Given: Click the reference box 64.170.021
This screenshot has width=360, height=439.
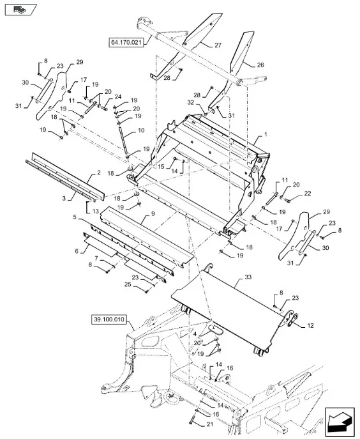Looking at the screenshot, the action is (126, 43).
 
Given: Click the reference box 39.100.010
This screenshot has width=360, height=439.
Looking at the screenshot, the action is (109, 320).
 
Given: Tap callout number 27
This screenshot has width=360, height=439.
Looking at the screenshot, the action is (218, 45).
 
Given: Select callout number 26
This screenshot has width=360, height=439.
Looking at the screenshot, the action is (260, 65).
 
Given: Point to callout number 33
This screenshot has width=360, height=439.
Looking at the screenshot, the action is (248, 277).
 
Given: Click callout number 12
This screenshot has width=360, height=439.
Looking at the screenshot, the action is (310, 325).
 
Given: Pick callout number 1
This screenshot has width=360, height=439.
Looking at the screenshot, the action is (266, 134).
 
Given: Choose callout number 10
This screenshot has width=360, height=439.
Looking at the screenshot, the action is (141, 130).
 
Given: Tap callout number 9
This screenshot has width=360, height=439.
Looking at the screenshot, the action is (153, 213).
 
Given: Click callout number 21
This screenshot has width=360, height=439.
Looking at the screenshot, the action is (210, 424).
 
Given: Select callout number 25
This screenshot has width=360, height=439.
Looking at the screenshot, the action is (128, 284).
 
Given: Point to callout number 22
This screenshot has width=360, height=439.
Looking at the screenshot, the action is (308, 194).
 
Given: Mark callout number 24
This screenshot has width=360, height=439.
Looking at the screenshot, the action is (117, 96).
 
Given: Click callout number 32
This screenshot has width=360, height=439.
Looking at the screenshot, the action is (190, 102).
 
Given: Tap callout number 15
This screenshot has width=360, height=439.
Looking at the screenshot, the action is (161, 167).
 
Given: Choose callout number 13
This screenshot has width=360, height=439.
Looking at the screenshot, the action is (95, 211).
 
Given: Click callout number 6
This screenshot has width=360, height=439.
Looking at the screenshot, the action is (77, 251).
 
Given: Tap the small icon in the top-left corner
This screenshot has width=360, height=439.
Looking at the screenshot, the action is (20, 10).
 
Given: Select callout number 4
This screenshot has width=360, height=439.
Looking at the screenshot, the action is (195, 334).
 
